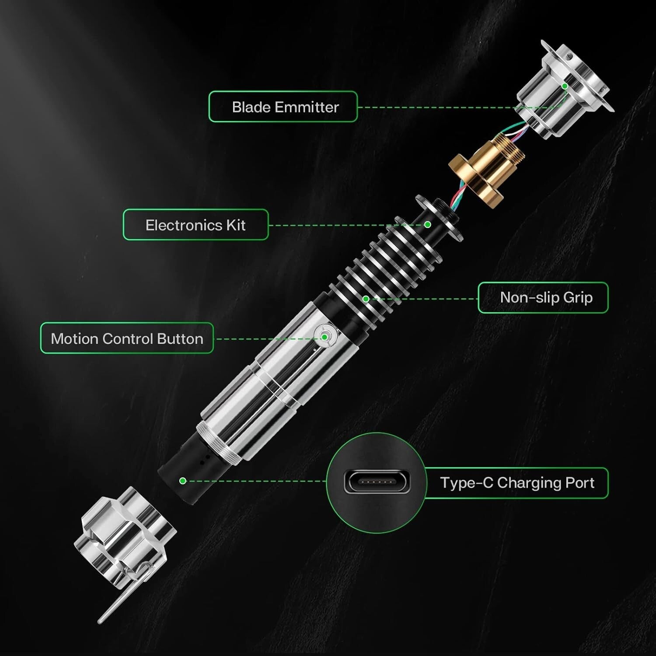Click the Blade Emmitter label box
coord(283,107)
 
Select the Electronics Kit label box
coord(195,225)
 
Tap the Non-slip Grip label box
coord(543,298)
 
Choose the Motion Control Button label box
coord(127,338)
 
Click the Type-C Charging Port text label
coord(517,483)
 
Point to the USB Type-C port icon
coord(377,482)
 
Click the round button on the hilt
coord(325,336)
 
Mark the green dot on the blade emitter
coord(565,86)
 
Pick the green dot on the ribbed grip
coord(366,299)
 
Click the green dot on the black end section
coord(183,481)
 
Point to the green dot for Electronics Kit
coord(428,224)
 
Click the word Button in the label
coord(180,339)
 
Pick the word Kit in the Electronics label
coord(236,225)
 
